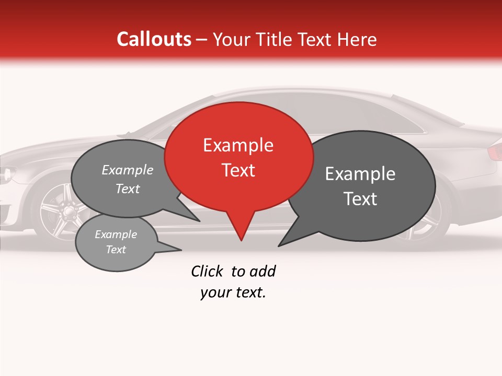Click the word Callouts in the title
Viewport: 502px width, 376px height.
(154, 39)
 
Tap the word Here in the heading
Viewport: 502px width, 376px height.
(358, 40)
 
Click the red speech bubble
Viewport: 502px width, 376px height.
(238, 157)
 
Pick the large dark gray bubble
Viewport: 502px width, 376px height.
(361, 185)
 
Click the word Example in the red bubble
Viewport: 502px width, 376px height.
(238, 145)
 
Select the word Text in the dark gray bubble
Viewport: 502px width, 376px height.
(361, 199)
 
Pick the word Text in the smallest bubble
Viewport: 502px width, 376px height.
(116, 250)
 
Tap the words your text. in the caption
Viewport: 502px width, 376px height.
(233, 292)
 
